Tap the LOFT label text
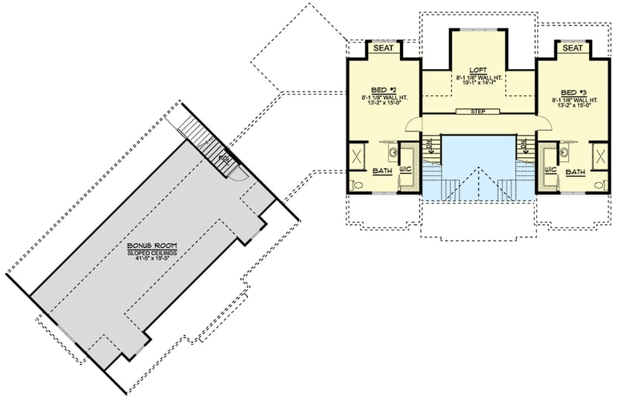(x=478, y=70)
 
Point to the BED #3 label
(x=573, y=89)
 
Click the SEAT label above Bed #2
(x=384, y=49)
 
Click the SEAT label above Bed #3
(x=573, y=49)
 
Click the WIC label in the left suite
(x=405, y=168)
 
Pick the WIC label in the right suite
(x=551, y=168)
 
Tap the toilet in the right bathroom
(x=601, y=185)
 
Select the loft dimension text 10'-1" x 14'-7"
(x=478, y=85)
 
